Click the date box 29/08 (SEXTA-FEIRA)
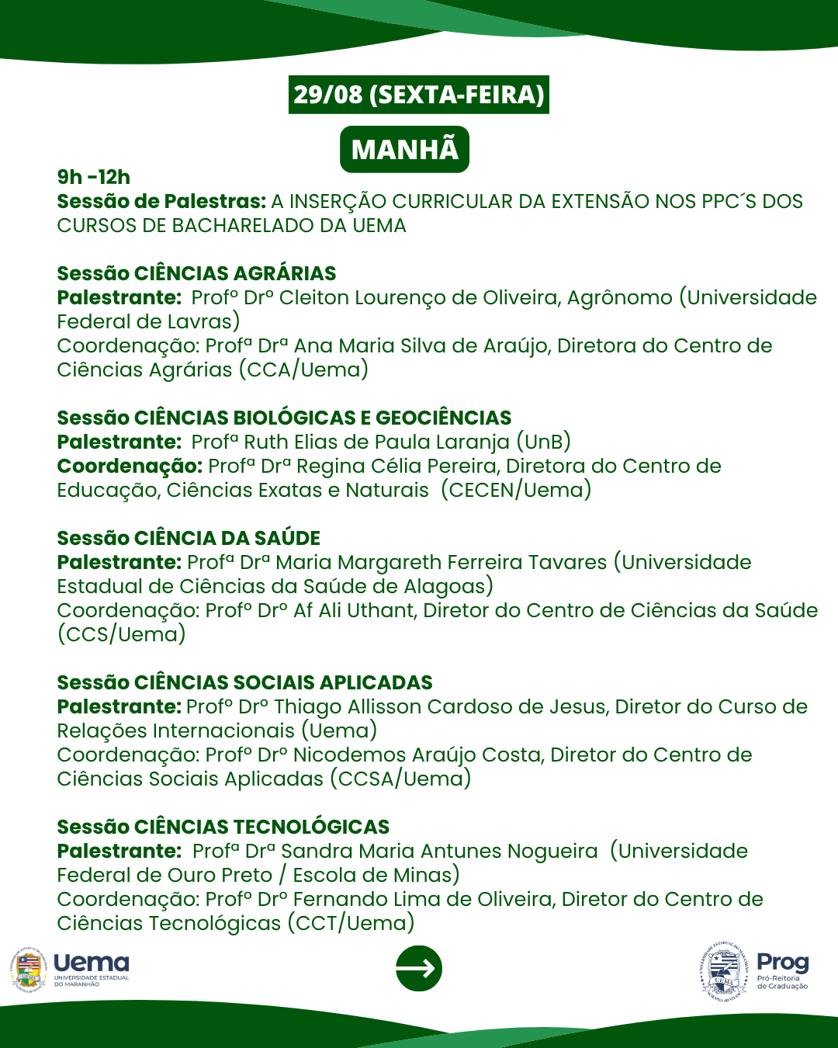tap(419, 95)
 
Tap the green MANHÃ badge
tap(404, 149)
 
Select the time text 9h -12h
tap(94, 177)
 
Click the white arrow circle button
tap(419, 968)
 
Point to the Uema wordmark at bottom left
tap(92, 963)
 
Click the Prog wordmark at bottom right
tap(782, 963)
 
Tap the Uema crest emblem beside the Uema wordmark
tap(29, 970)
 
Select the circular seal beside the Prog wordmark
tap(724, 970)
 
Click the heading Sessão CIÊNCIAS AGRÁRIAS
tap(196, 273)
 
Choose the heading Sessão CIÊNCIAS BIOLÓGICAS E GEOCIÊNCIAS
tap(284, 418)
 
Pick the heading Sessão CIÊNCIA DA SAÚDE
tap(189, 538)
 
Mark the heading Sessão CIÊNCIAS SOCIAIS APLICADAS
tap(244, 682)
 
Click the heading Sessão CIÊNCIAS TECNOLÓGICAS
tap(223, 827)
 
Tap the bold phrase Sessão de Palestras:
tap(161, 201)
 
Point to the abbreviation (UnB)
tap(543, 442)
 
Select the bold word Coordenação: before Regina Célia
tap(130, 466)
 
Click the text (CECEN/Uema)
tap(516, 490)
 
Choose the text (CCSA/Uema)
tap(400, 779)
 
